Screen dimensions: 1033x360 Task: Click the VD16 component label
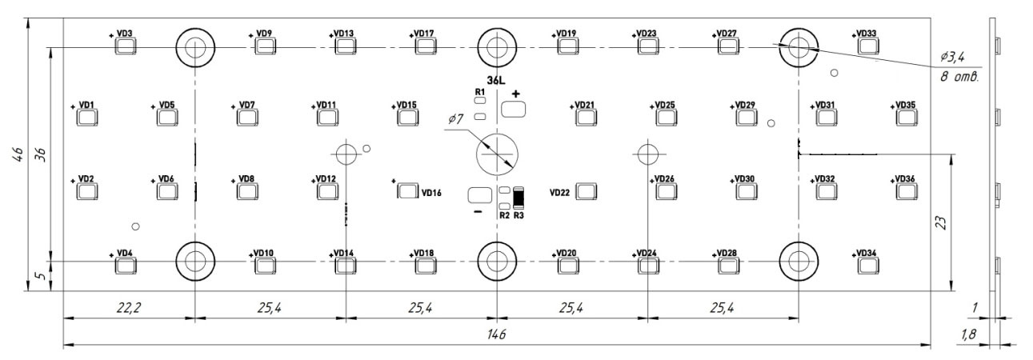(x=431, y=193)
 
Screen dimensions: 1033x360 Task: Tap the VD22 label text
(x=559, y=193)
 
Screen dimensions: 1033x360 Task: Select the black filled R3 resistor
(x=519, y=198)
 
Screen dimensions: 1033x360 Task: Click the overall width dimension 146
(x=496, y=334)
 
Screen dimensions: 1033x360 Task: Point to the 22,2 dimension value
(x=129, y=307)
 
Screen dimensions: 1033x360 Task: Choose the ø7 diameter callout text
(x=455, y=119)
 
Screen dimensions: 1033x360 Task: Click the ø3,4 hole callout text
(x=952, y=57)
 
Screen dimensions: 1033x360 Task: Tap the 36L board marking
(x=496, y=81)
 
